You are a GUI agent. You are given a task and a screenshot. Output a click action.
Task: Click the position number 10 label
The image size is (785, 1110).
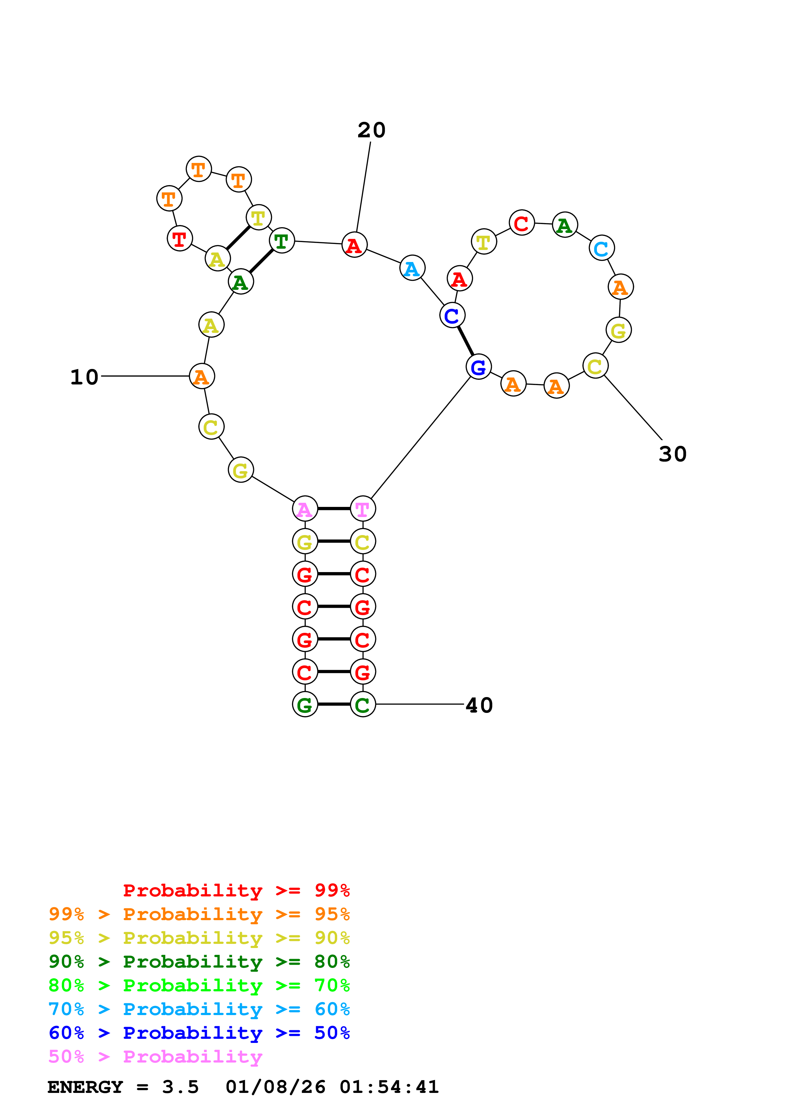click(84, 377)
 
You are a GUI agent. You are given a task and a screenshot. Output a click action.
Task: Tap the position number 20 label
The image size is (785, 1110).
click(371, 130)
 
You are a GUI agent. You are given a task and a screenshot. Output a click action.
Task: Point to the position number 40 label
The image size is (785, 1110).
click(479, 705)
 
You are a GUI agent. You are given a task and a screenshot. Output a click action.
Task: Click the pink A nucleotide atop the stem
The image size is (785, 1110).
click(305, 508)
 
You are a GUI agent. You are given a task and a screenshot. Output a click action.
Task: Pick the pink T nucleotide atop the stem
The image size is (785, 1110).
click(363, 508)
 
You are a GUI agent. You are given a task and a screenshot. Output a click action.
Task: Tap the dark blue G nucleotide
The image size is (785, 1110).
click(478, 367)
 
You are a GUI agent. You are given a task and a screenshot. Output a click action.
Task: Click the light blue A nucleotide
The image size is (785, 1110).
click(412, 268)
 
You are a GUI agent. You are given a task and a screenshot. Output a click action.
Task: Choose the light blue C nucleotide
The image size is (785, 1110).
click(601, 248)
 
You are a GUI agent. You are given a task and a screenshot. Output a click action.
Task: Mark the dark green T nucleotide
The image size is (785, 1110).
click(282, 241)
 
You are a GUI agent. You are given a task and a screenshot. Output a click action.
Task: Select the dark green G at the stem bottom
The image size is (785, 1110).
click(305, 704)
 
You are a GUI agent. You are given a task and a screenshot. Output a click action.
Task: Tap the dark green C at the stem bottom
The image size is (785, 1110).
click(363, 704)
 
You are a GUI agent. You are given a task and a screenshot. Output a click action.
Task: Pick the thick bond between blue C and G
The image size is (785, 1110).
click(465, 341)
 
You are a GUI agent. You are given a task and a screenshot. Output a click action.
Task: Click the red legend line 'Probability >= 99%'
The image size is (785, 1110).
click(236, 890)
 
